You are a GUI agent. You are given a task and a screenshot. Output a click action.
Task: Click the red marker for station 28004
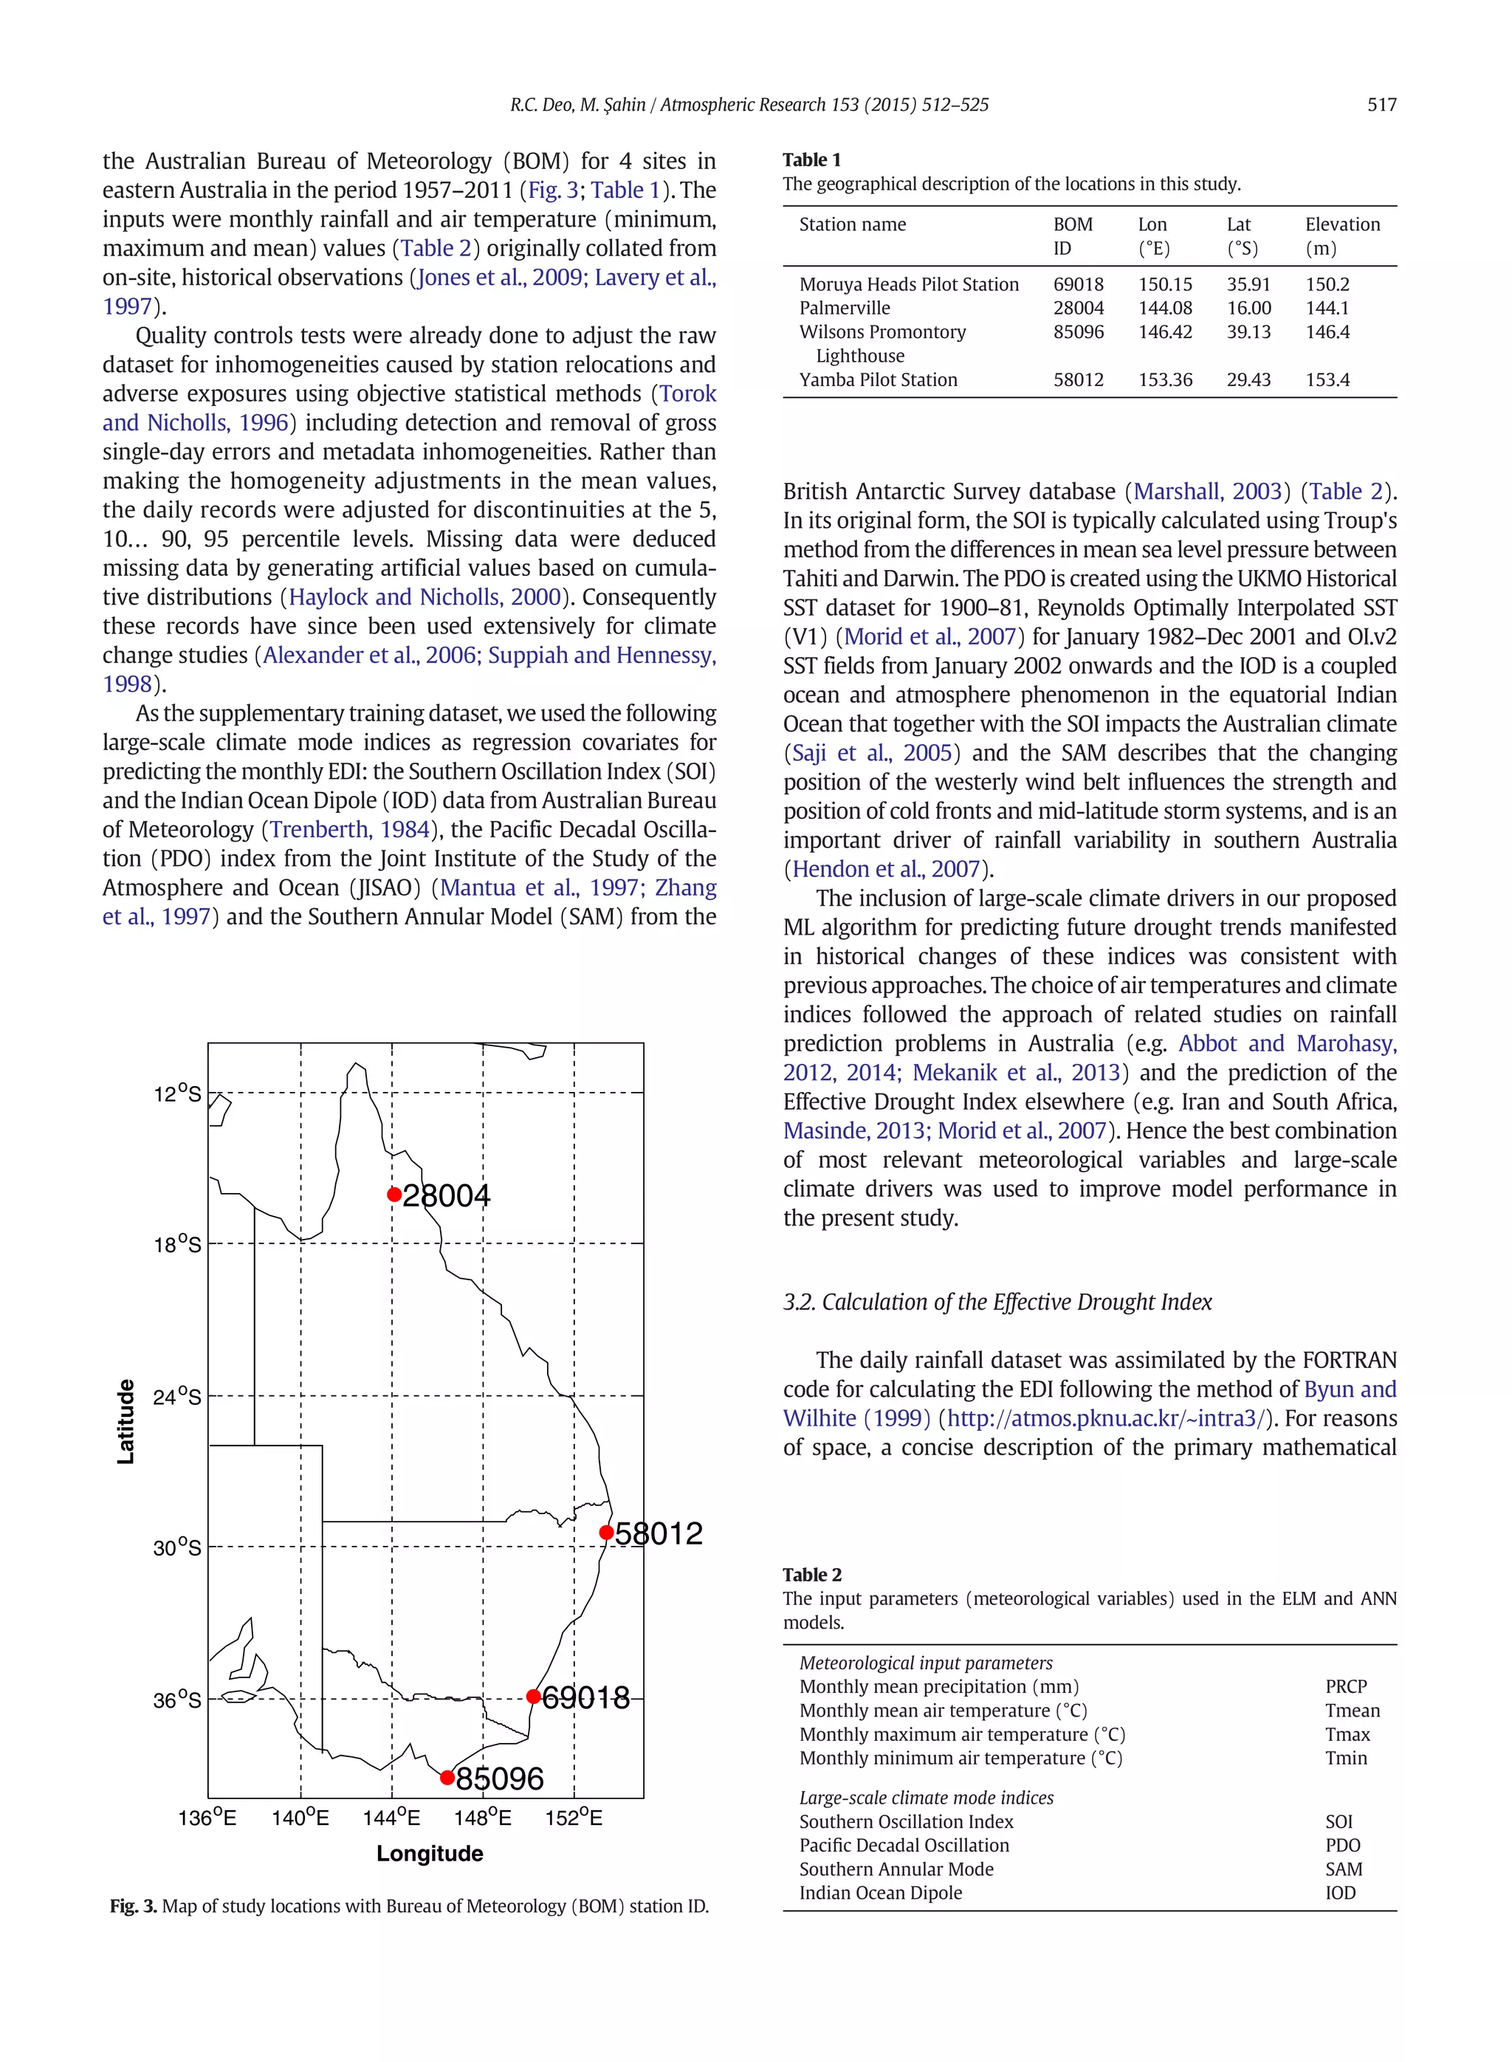(x=394, y=1195)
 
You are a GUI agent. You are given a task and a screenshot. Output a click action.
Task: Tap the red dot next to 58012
(x=606, y=1532)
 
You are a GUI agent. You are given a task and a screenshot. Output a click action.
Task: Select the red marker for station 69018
(x=534, y=1696)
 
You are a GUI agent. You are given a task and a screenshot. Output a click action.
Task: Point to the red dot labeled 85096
(x=447, y=1777)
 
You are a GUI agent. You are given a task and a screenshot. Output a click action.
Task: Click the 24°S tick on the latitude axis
(x=176, y=1397)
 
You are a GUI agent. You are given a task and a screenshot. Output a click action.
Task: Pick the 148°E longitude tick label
(x=481, y=1818)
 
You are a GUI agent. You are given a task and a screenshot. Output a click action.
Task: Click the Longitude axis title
(x=429, y=1853)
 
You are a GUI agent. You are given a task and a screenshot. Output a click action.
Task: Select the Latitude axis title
(x=126, y=1421)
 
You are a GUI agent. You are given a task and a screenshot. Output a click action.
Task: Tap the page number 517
(x=1381, y=106)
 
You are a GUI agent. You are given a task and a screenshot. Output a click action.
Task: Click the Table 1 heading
(x=811, y=160)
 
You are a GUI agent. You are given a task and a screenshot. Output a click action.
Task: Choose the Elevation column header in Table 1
(x=1341, y=225)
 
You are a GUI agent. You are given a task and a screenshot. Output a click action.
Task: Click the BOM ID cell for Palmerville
(x=1077, y=309)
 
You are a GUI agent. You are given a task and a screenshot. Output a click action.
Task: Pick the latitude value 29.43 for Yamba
(x=1248, y=379)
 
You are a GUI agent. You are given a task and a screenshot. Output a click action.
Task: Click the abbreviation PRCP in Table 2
(x=1344, y=1687)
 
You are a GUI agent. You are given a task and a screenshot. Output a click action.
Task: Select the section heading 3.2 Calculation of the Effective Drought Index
(x=997, y=1302)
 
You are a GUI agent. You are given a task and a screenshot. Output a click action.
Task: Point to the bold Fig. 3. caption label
(x=133, y=1906)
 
